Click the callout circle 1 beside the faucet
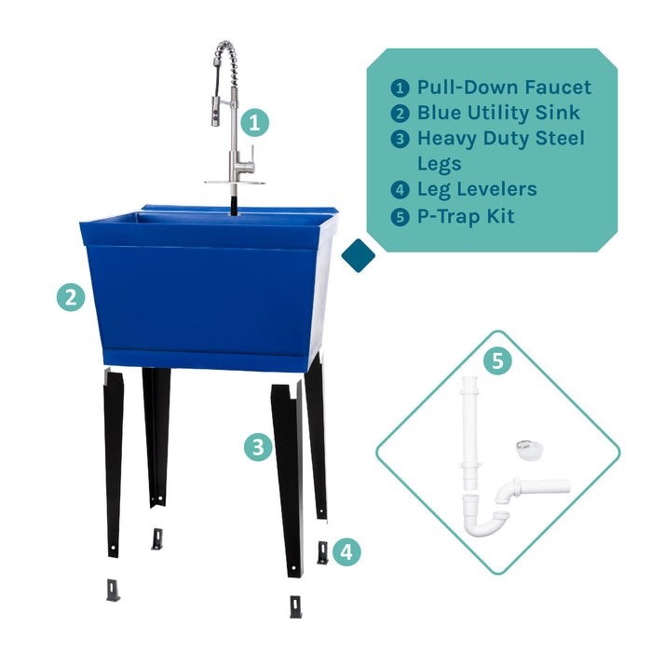256,122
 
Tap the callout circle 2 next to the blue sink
71,297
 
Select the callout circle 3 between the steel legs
257,447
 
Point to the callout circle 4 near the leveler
346,551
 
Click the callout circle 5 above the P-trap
496,360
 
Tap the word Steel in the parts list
556,138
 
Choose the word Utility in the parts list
506,113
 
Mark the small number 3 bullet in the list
400,139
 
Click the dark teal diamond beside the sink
358,256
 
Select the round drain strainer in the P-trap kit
527,449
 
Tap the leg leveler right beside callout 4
322,553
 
